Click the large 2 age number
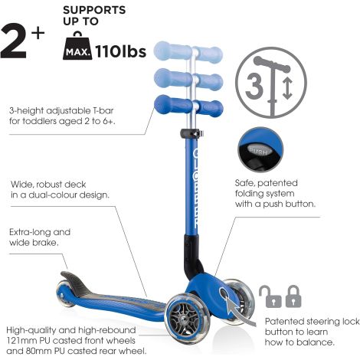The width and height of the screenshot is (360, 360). (13, 41)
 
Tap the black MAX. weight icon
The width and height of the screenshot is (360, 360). (77, 46)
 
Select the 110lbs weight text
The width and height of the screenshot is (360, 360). (120, 52)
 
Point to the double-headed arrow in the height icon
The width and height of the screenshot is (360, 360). (287, 88)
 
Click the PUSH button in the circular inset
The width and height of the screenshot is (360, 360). (258, 151)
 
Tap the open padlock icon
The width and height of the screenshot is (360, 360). (270, 296)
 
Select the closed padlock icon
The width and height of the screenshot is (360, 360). (293, 296)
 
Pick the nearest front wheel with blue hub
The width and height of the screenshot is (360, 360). (188, 316)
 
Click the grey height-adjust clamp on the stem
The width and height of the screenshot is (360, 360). (192, 133)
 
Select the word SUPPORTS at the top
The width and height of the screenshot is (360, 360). (94, 10)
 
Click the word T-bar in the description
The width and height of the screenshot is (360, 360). (102, 110)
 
